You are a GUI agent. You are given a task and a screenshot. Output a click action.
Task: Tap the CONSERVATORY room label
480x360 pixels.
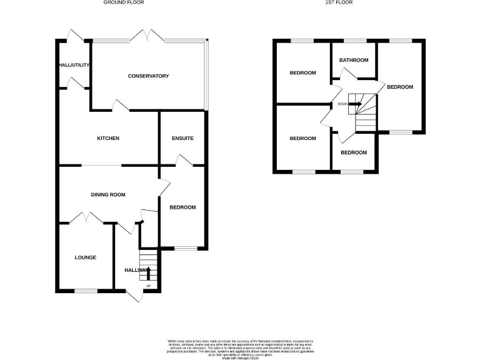(x=148, y=76)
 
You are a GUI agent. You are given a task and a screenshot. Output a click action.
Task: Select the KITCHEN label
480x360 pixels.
(x=107, y=138)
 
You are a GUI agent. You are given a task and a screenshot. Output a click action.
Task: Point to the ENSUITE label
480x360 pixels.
(x=182, y=138)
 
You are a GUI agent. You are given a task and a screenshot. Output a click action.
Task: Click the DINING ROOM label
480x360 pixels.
(x=108, y=195)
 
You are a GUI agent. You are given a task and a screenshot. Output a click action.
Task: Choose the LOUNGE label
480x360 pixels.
(x=86, y=257)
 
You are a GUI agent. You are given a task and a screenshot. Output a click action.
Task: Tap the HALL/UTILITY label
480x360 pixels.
(x=75, y=64)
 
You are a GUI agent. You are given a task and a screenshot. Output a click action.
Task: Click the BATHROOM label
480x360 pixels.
(x=354, y=60)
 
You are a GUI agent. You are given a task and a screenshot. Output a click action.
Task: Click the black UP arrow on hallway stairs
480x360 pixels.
(x=148, y=272)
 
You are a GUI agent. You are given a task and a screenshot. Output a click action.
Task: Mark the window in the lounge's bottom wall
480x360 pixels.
(x=86, y=290)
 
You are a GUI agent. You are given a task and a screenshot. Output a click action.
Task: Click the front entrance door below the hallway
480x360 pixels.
(x=134, y=295)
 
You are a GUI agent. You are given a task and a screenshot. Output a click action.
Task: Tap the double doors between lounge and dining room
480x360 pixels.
(x=86, y=219)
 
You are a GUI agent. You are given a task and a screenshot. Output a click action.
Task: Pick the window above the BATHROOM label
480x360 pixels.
(x=354, y=41)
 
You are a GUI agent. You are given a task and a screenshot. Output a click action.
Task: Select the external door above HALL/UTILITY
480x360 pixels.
(x=76, y=35)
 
